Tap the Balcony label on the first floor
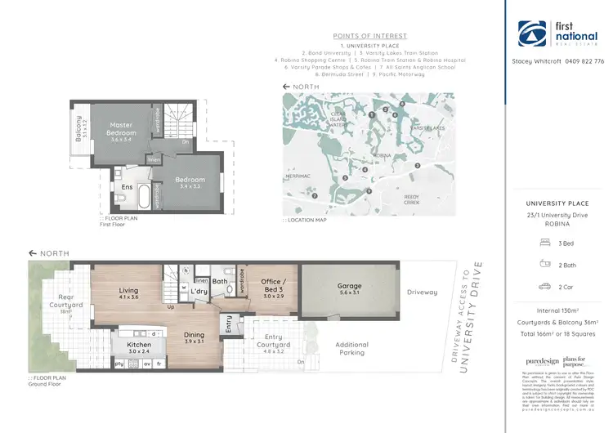(x=79, y=129)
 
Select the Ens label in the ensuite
(x=128, y=187)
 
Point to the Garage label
(x=349, y=287)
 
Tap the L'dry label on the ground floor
(x=198, y=291)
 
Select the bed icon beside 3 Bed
(x=545, y=243)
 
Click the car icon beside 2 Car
(x=545, y=286)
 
